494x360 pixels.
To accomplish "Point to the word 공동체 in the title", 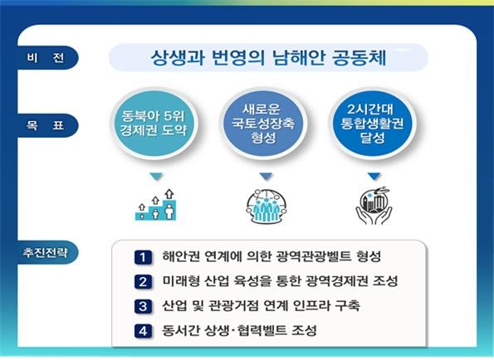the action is click(359, 57).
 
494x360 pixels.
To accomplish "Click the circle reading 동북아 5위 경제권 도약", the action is click(154, 124).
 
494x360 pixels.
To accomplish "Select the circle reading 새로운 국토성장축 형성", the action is click(263, 124).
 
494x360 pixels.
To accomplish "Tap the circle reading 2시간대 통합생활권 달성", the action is click(373, 124).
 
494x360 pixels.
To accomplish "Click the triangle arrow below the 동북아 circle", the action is click(156, 177).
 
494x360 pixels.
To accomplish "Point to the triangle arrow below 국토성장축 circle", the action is click(266, 177).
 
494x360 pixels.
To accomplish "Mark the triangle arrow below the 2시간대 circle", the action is click(374, 177).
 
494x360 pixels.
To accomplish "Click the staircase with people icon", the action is click(155, 205).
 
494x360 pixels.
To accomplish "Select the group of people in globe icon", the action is click(267, 207).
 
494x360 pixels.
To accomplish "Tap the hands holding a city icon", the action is click(374, 206).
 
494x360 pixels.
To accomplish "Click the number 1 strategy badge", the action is click(143, 257).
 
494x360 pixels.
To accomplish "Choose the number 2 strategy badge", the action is click(143, 282).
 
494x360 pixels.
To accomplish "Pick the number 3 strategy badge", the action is click(143, 306).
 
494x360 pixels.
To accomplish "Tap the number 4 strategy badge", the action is click(143, 331).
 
